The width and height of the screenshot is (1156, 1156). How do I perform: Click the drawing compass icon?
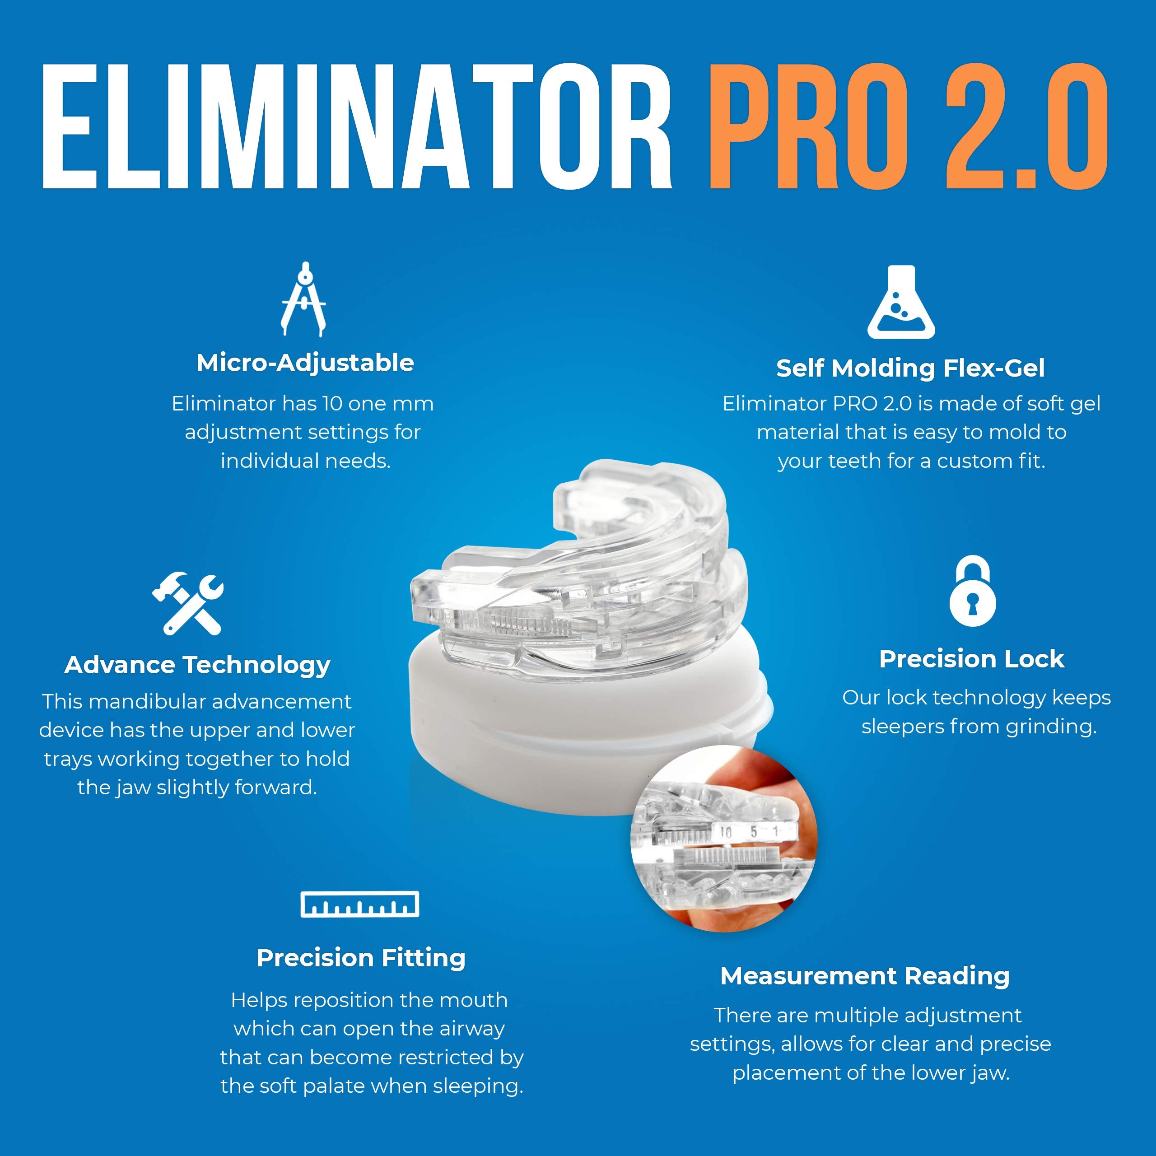coord(304,299)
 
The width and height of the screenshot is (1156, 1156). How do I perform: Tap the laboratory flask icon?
coord(901,303)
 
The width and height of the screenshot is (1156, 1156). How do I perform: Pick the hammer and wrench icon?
coord(188,604)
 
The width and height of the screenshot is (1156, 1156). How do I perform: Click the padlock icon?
coord(972,591)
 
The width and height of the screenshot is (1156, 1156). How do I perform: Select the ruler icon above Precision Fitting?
coord(359,904)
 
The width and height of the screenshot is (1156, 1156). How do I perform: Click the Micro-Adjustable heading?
coord(305,363)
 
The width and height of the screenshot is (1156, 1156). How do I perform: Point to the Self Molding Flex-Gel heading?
coord(910,368)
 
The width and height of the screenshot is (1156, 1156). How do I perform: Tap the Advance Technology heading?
coord(197,665)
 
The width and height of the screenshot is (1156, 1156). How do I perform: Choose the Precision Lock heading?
coord(972,659)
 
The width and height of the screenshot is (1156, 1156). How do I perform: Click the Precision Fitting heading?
coord(361,958)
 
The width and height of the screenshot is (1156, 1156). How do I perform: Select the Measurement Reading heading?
coord(865,976)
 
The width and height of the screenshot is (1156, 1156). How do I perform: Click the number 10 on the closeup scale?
coord(726,832)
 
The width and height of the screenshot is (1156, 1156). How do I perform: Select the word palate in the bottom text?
coord(394,1086)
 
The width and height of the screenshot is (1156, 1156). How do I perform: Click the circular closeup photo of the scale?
coord(724,838)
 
